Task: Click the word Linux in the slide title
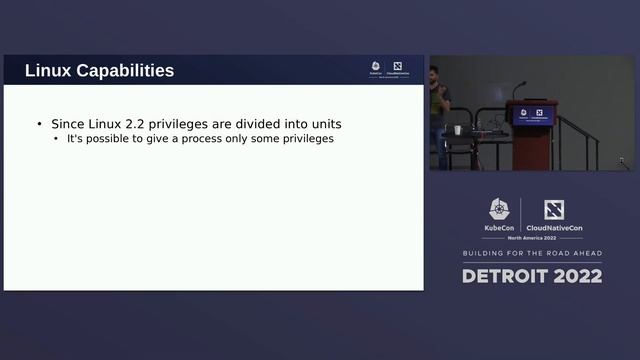pyautogui.click(x=47, y=71)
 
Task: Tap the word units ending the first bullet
pyautogui.click(x=323, y=124)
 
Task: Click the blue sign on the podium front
pyautogui.click(x=533, y=116)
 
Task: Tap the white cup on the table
pyautogui.click(x=457, y=130)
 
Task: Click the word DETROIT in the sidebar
pyautogui.click(x=504, y=276)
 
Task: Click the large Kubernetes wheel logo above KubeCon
pyautogui.click(x=499, y=209)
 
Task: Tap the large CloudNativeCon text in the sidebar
pyautogui.click(x=554, y=228)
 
